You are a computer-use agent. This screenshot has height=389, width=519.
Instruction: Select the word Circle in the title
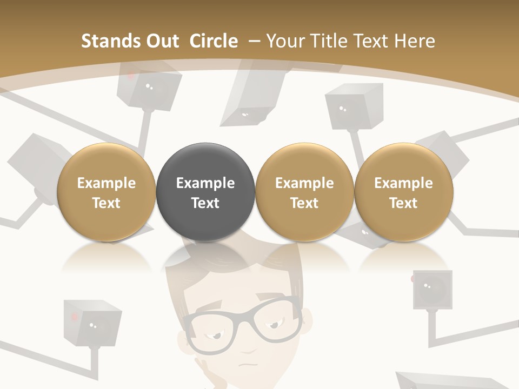tap(214, 41)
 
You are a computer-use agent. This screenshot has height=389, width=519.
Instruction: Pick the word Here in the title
tap(415, 41)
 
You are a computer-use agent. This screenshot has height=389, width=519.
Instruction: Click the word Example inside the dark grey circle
tap(205, 183)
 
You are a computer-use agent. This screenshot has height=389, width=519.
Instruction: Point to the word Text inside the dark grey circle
tap(205, 203)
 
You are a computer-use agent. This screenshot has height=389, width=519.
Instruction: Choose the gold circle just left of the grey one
tap(106, 192)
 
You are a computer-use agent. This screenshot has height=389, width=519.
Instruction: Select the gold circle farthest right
tap(403, 192)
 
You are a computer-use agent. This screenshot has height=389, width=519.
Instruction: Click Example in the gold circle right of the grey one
tap(304, 183)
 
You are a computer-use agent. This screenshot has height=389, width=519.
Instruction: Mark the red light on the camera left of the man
tap(75, 315)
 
